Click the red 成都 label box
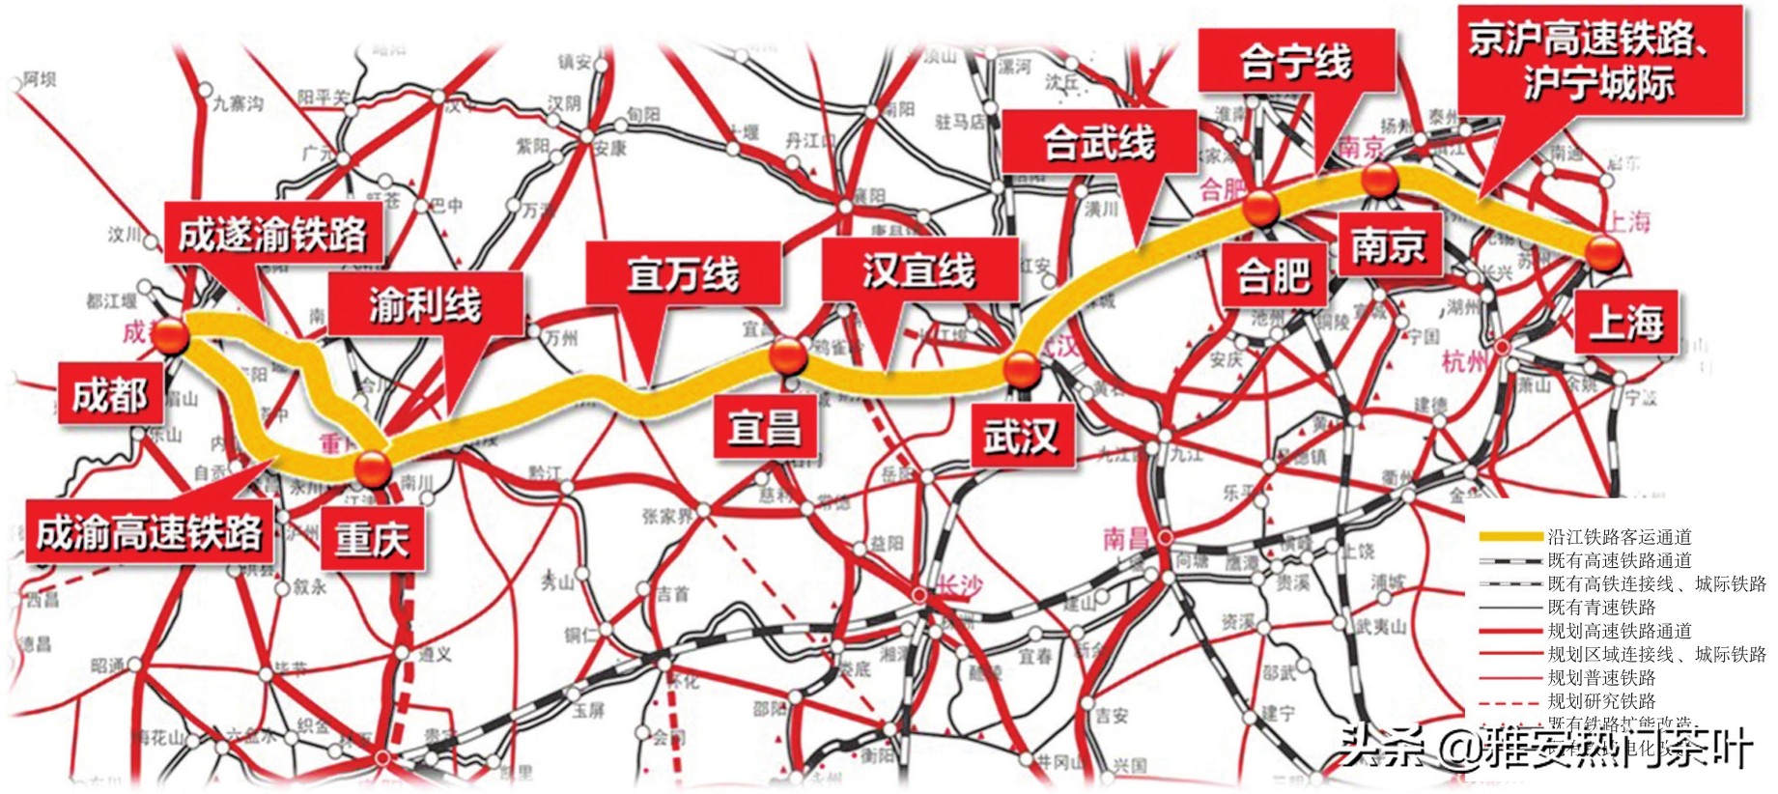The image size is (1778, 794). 109,394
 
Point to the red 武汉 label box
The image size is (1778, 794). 1020,437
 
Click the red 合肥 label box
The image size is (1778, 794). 1273,275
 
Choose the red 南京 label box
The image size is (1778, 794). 1388,244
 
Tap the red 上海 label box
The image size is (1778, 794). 1626,322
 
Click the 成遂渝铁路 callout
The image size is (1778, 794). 272,235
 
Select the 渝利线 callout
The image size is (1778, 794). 425,305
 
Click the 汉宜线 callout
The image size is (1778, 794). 918,270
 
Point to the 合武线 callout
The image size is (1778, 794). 1099,143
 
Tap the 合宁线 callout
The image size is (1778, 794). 1296,62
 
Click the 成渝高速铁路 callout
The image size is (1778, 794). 149,532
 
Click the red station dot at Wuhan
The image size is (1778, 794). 1022,368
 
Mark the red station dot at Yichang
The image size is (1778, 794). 788,354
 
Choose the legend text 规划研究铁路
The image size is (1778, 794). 1600,701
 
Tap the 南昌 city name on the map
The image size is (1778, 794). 1125,537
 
